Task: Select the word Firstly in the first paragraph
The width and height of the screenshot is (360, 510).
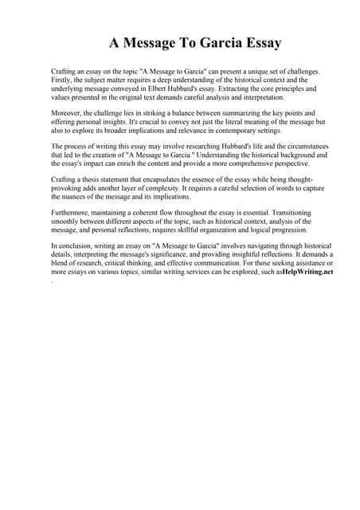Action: [x=63, y=80]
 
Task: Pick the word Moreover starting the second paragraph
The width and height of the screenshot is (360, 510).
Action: [x=67, y=113]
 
